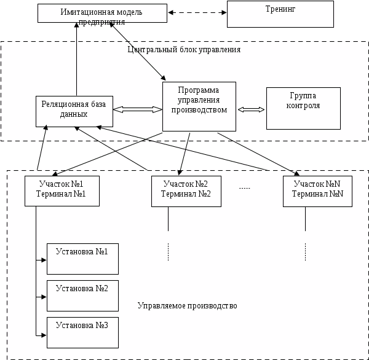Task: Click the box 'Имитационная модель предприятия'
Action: (x=102, y=13)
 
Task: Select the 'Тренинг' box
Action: (x=280, y=14)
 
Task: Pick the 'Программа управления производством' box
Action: (x=199, y=106)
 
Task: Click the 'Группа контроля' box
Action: (x=303, y=108)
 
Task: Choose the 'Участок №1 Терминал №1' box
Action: (x=62, y=190)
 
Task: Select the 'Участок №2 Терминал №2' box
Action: (x=186, y=190)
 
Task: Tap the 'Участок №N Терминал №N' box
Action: (x=317, y=190)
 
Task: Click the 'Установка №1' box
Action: (x=82, y=259)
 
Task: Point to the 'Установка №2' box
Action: (x=82, y=295)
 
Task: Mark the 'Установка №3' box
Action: (x=82, y=332)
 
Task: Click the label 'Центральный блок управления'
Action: (x=184, y=49)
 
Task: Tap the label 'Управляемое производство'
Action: (x=187, y=305)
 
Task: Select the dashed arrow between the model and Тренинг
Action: (x=197, y=12)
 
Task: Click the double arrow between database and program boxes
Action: (x=137, y=109)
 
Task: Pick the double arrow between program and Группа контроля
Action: (x=251, y=109)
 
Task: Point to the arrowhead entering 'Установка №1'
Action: (x=44, y=260)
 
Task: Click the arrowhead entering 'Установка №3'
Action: (x=44, y=335)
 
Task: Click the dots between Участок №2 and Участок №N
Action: (x=245, y=187)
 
